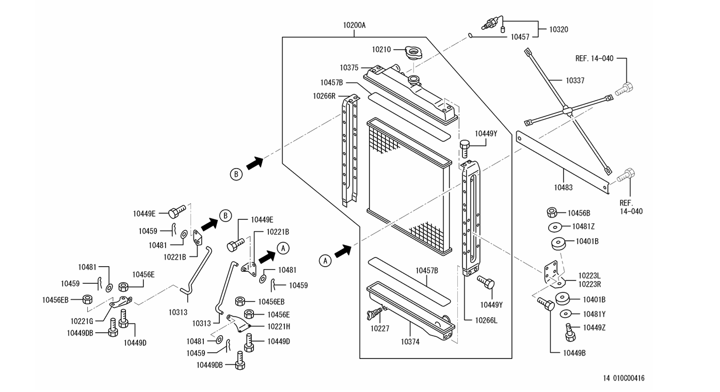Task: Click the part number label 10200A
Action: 354,25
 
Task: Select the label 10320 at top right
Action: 558,29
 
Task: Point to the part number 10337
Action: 575,80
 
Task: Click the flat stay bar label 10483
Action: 563,188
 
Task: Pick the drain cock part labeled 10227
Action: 375,313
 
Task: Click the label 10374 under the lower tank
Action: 410,342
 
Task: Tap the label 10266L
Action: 486,320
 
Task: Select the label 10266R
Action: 324,96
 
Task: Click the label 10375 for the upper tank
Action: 349,68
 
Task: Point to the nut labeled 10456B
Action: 552,213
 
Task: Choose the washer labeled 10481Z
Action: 555,227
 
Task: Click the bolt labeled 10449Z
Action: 570,332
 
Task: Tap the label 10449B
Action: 574,353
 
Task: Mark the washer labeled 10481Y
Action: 566,314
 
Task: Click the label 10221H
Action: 279,327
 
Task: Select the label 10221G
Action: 82,321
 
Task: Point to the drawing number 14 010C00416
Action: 624,378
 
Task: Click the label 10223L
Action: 589,275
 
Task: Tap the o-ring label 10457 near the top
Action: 520,37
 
